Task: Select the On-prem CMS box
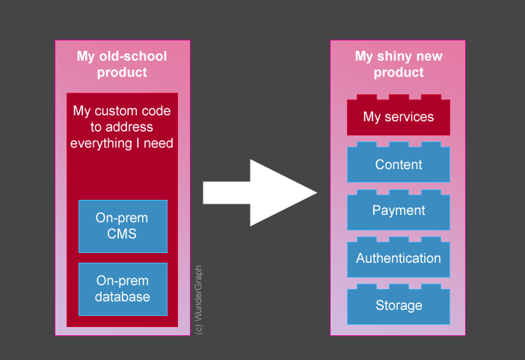(x=123, y=226)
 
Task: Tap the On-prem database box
(x=123, y=289)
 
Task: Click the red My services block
(x=398, y=118)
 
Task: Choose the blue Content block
(x=398, y=165)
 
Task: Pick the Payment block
(x=398, y=211)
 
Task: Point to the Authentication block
(x=398, y=258)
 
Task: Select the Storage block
(x=398, y=305)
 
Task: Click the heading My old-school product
(x=122, y=64)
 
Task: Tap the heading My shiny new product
(x=398, y=64)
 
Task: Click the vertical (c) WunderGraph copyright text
(x=198, y=299)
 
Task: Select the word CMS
(x=122, y=234)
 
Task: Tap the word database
(x=122, y=297)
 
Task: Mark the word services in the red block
(x=409, y=118)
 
